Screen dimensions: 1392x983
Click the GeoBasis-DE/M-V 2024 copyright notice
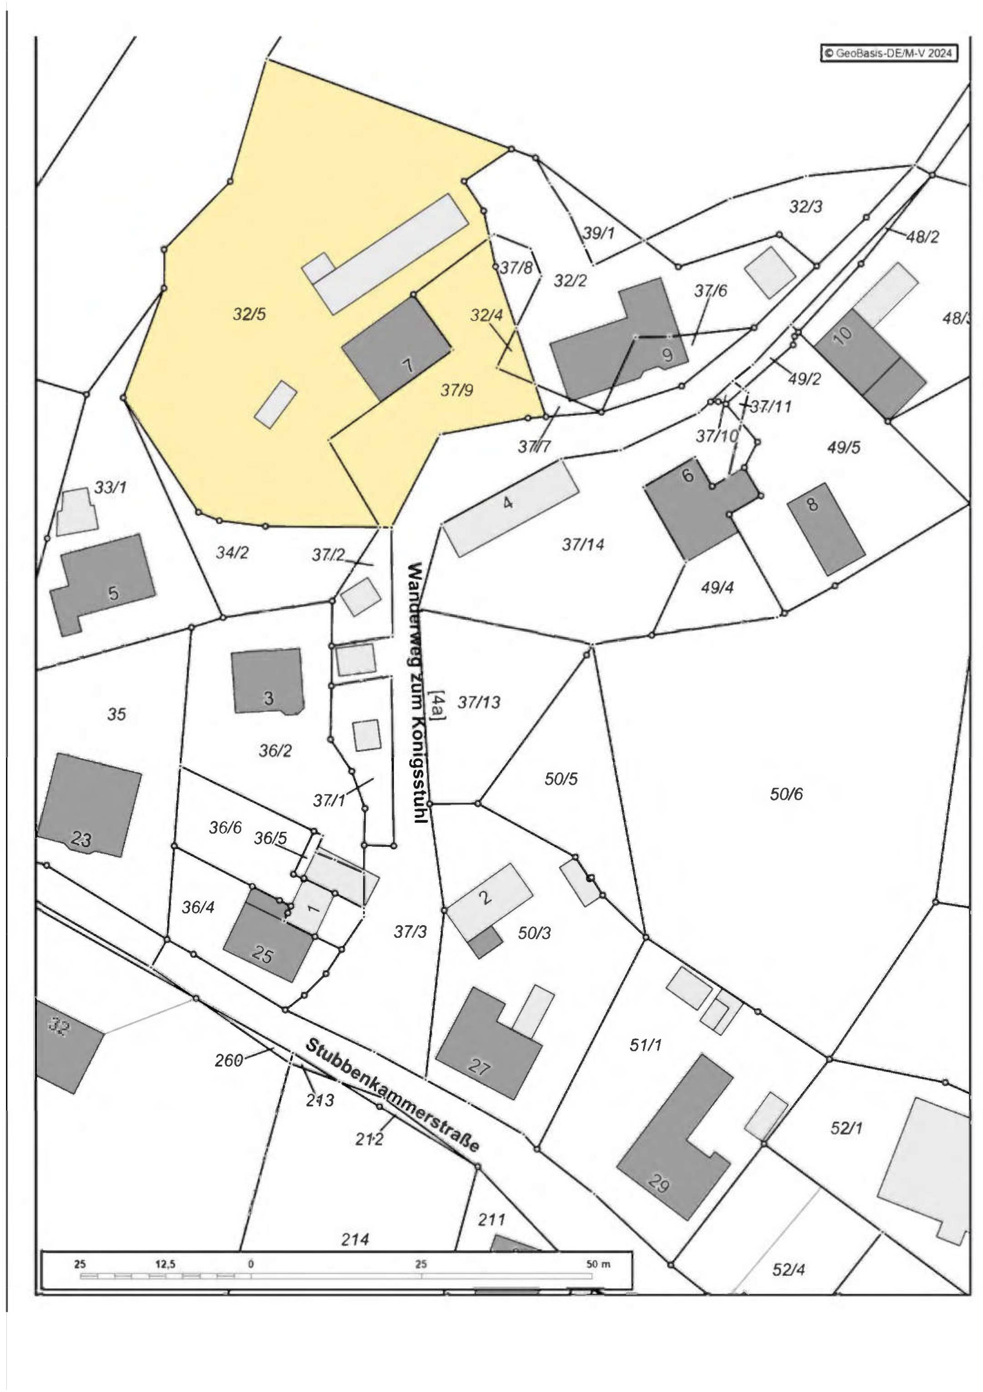pos(889,53)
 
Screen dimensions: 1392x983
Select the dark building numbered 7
pos(397,348)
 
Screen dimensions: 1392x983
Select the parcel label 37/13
pos(479,702)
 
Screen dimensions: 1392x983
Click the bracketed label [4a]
pos(437,705)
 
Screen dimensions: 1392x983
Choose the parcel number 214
pos(355,1239)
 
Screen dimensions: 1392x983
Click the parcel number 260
pos(229,1060)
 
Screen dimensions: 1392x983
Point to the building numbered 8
pos(826,528)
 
